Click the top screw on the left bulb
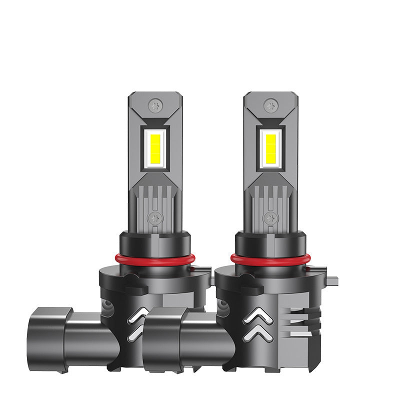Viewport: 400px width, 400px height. tap(154, 105)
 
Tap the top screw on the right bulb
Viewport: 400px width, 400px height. tap(270, 105)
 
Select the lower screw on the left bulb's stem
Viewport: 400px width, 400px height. tap(154, 217)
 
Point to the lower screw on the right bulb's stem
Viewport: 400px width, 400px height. tap(270, 217)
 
